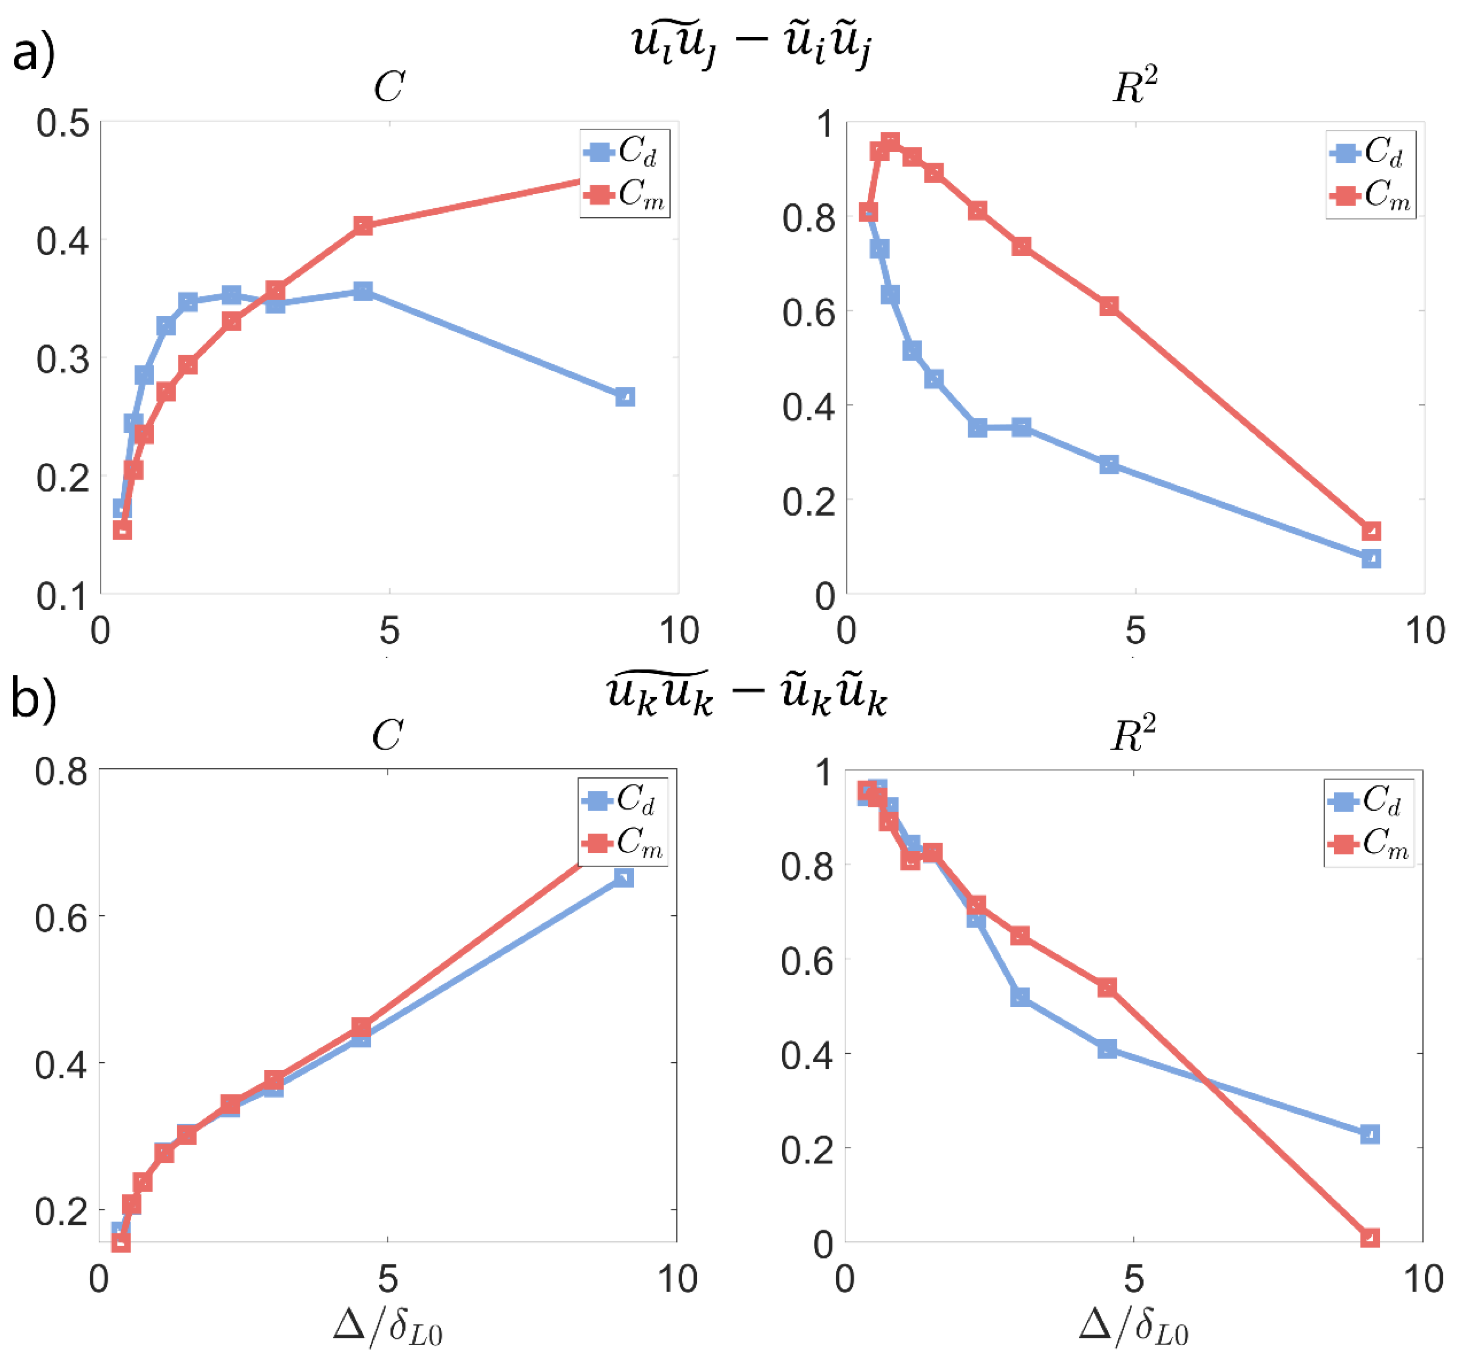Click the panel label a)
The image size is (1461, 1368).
tap(33, 53)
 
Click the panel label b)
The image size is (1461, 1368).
tap(33, 700)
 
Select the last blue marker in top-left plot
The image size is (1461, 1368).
tap(625, 397)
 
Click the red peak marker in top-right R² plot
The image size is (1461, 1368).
tap(890, 142)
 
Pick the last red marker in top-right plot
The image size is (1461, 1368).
tap(1371, 531)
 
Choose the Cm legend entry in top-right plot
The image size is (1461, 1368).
tap(1371, 195)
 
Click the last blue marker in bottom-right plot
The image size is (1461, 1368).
tap(1369, 1134)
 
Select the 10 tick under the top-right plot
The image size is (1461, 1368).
tap(1424, 630)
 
